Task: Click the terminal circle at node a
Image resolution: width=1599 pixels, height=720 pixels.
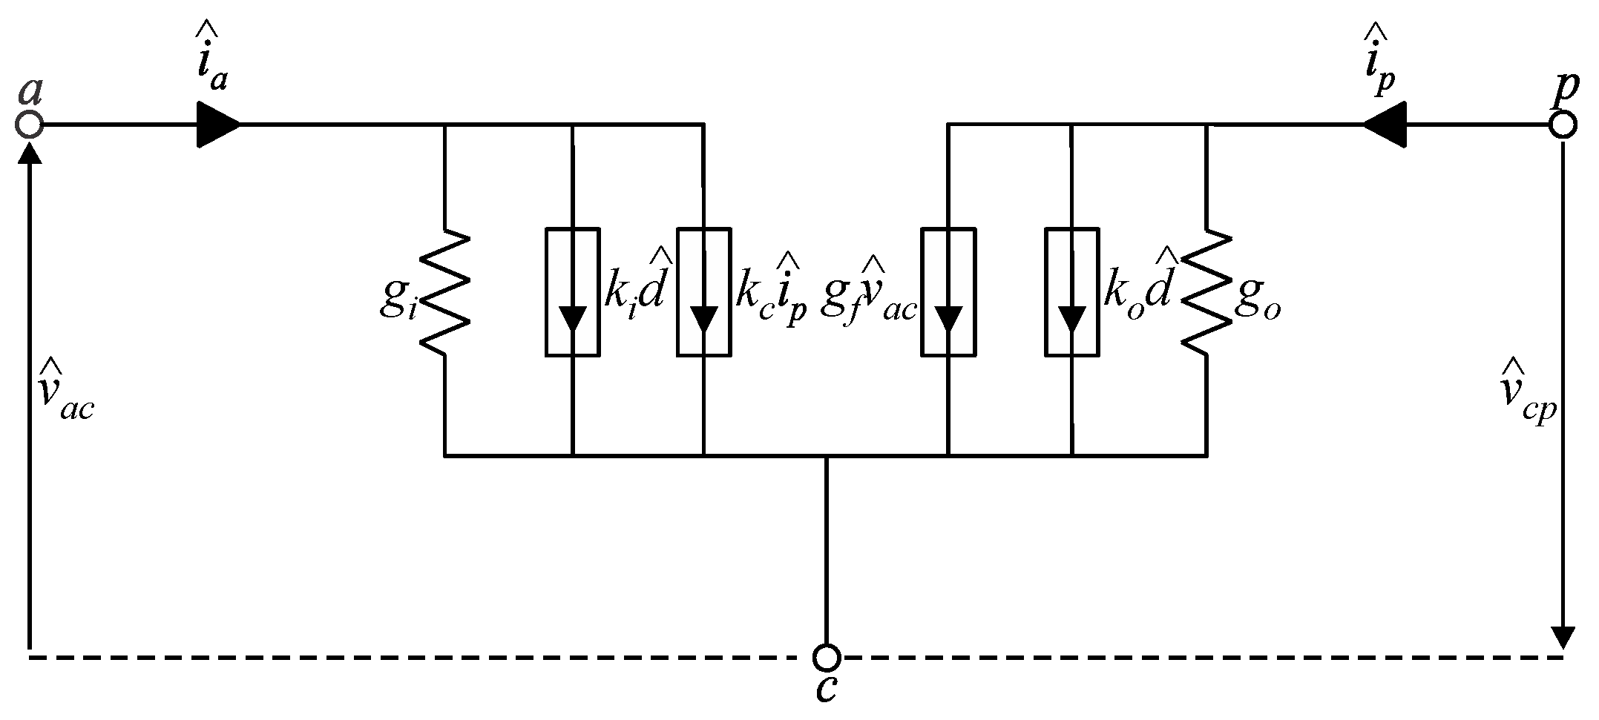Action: [30, 125]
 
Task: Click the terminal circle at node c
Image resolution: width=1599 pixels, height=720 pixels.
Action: [826, 657]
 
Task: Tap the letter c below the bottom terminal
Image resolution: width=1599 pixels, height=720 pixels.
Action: [826, 689]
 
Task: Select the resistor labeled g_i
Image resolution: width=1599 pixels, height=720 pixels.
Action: [445, 292]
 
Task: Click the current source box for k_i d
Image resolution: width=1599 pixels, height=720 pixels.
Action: [573, 292]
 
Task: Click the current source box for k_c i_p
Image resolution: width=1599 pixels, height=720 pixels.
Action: [703, 292]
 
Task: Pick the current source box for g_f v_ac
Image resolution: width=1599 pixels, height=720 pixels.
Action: [948, 292]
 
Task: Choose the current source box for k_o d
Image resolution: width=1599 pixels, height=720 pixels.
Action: [1071, 292]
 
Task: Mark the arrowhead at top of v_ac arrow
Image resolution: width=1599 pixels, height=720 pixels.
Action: [30, 152]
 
